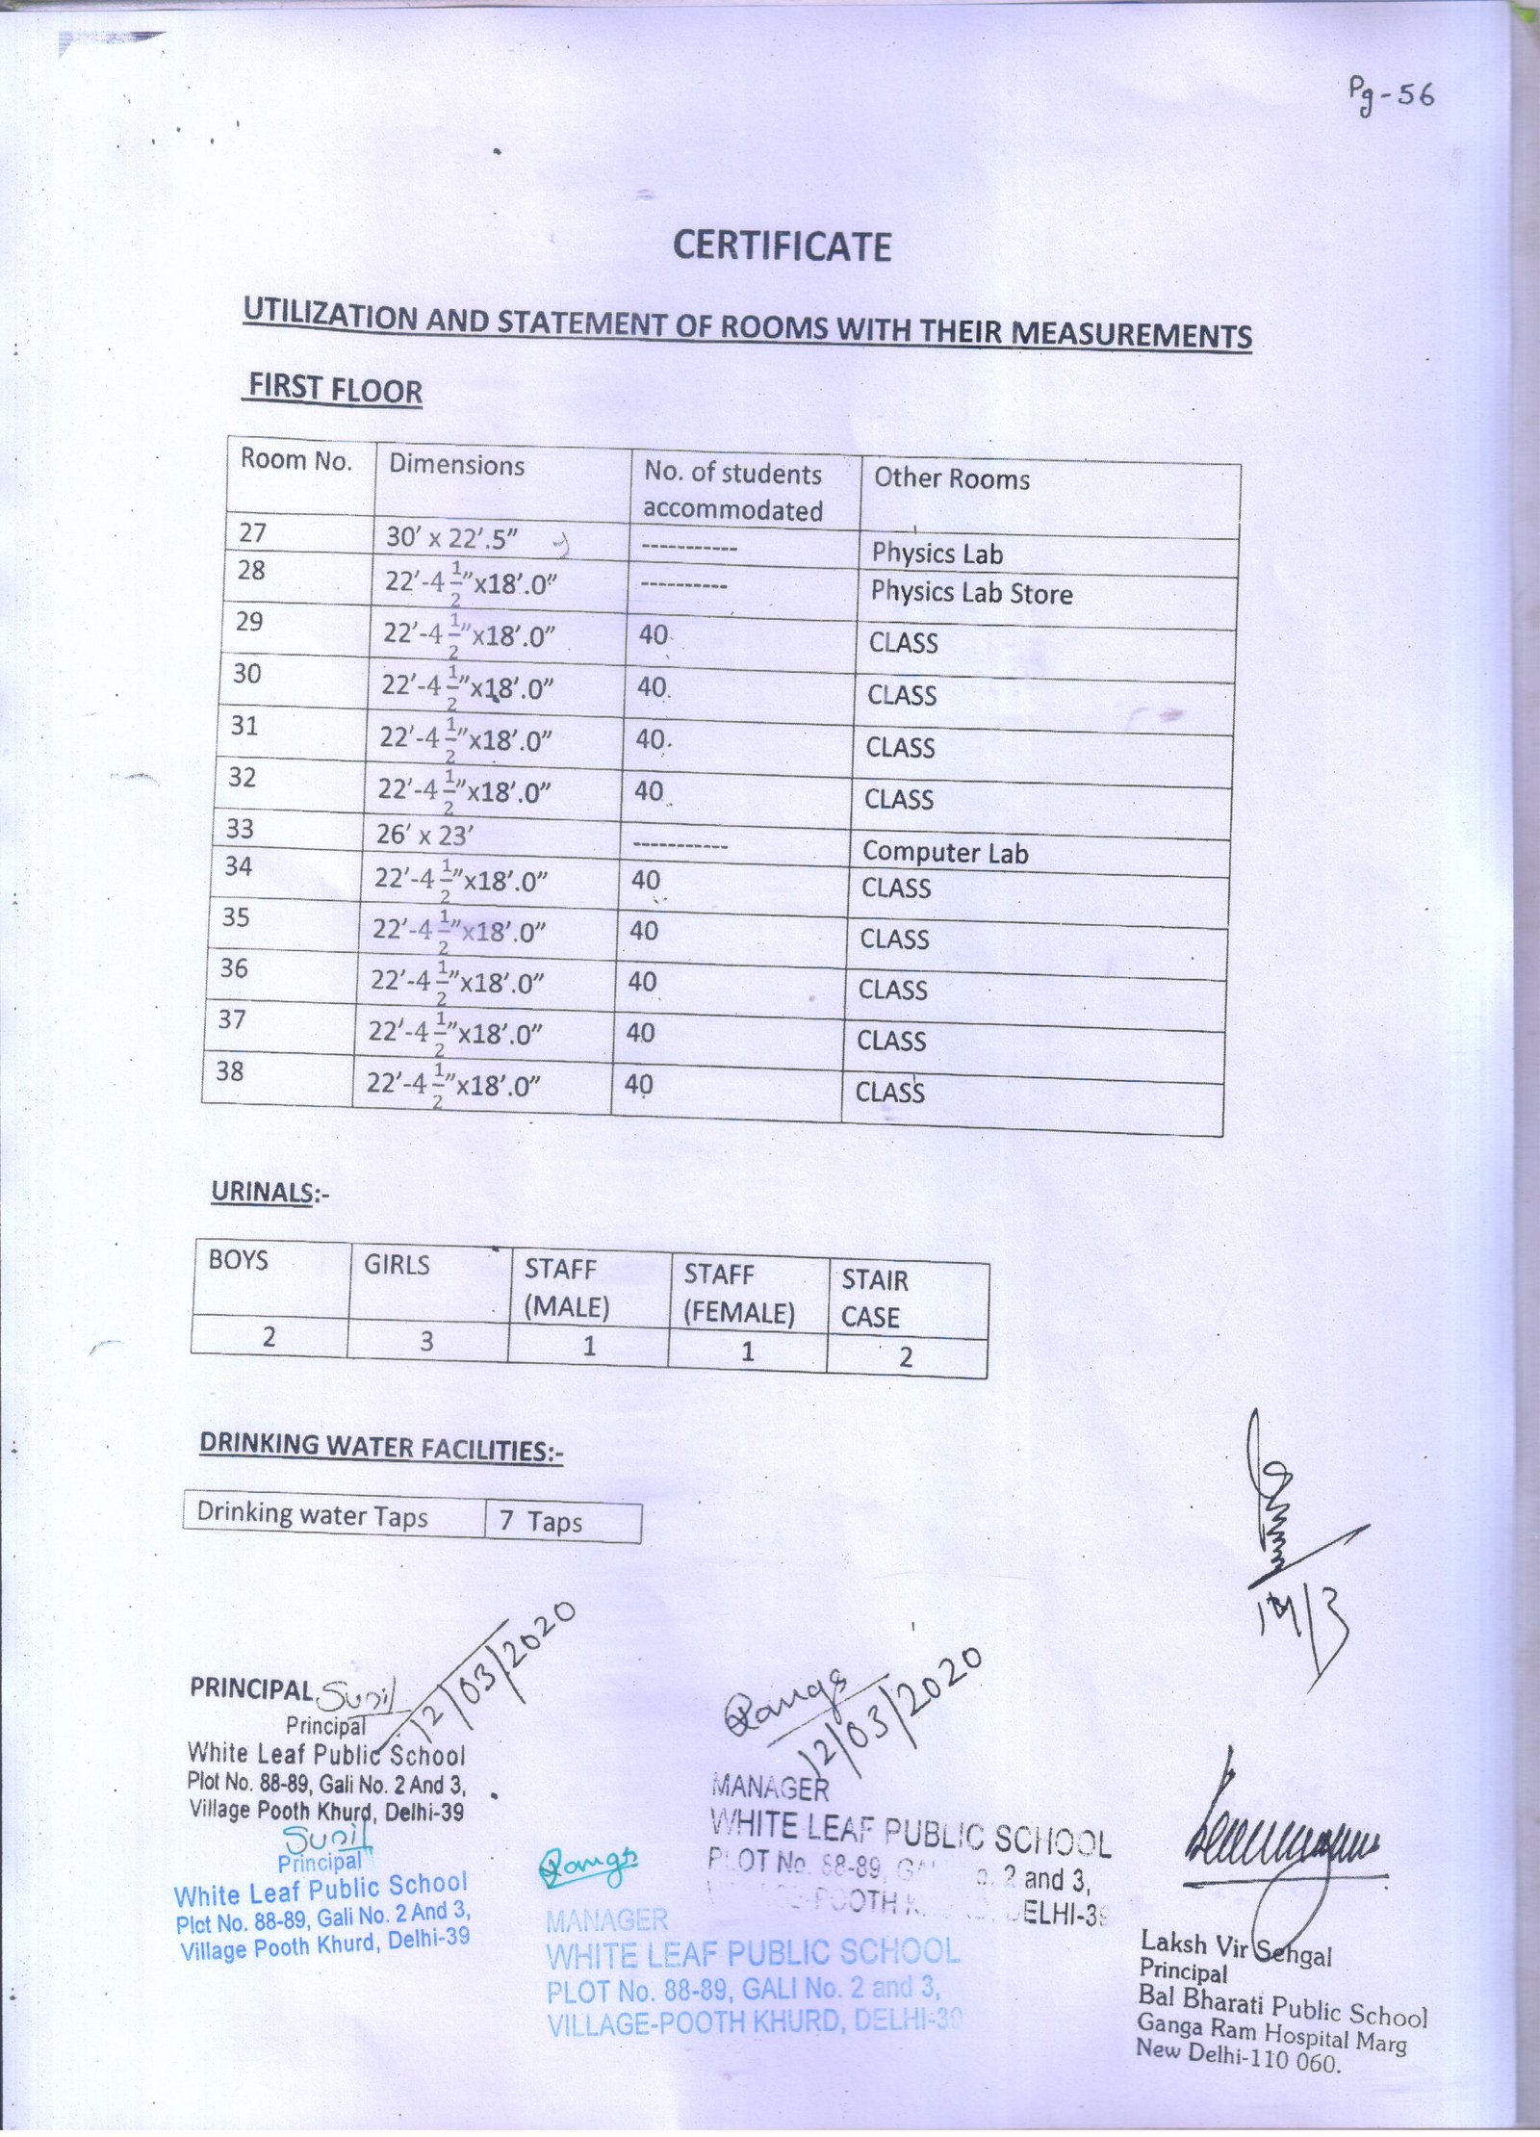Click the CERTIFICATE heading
(782, 246)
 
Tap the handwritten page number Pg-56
(1390, 96)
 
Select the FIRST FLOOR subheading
(335, 389)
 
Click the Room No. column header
(295, 460)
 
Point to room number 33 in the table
(240, 829)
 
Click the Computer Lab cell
(944, 852)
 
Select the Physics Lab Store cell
(971, 593)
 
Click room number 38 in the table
(229, 1070)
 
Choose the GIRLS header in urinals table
(397, 1265)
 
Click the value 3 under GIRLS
(426, 1340)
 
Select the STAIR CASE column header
(874, 1298)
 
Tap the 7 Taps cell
(540, 1521)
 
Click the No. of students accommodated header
(733, 491)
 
